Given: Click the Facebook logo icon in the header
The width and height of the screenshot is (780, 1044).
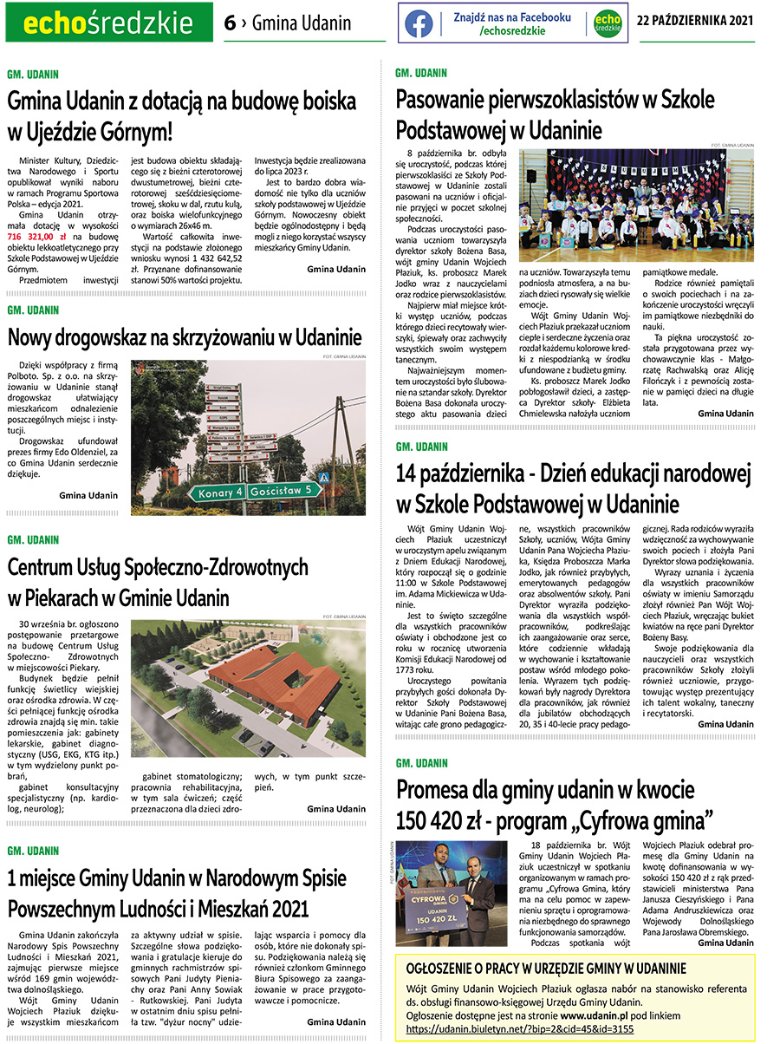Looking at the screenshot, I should (419, 23).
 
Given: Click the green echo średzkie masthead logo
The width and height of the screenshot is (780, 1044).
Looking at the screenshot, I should (108, 23).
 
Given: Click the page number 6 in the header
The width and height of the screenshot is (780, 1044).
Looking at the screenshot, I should (229, 23).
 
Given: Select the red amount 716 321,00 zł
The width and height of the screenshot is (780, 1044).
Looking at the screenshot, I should (36, 236).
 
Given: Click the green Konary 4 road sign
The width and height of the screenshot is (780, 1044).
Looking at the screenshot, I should (220, 493).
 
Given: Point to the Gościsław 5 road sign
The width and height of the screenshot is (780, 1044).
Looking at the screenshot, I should (282, 491).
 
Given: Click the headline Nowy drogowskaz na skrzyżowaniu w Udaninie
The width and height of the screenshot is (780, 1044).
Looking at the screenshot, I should (184, 337).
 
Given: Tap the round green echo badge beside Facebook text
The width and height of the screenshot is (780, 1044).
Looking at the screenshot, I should (608, 23).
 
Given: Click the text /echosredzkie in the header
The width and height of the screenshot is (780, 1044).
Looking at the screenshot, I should (512, 31).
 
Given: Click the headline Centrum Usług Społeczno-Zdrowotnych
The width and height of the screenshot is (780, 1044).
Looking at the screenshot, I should (158, 568).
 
